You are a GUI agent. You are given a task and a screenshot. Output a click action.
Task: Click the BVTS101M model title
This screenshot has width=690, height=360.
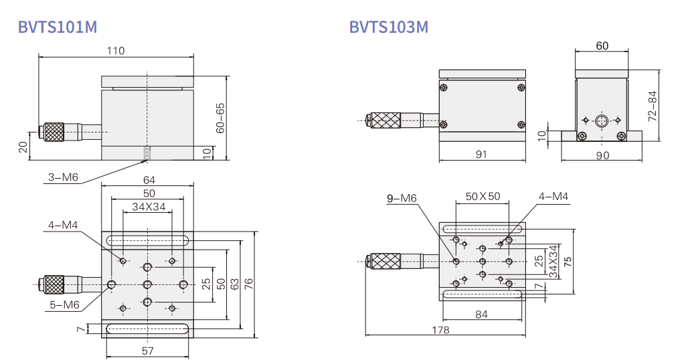[x=57, y=27]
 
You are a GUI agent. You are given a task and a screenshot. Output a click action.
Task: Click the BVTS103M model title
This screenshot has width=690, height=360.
[x=389, y=27]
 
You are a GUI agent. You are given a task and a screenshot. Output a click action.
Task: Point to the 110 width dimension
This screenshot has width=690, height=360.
[x=116, y=51]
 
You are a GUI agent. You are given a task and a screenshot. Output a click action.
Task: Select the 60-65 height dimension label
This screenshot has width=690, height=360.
[x=220, y=118]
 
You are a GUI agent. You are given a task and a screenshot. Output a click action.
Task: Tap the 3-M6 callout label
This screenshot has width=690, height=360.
[x=63, y=177]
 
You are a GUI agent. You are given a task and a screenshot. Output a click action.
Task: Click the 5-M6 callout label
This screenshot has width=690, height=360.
[x=64, y=304]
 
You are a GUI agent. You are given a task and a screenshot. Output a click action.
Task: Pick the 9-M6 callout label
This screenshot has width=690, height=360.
[x=402, y=199]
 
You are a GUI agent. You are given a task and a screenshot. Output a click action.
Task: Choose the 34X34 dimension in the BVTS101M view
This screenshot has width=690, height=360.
[x=149, y=206]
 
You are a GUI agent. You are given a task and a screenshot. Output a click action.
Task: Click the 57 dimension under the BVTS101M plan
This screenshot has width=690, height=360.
[x=148, y=351]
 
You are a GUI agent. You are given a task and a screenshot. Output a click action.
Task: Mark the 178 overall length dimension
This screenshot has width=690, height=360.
[x=440, y=330]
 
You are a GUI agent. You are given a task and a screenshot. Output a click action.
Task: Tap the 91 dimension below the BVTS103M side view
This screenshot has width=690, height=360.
[x=481, y=154]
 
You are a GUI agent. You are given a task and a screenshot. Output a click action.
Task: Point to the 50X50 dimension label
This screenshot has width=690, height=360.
[x=483, y=196]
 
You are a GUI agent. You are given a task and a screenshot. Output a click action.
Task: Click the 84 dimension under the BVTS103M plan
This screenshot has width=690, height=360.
[x=481, y=314]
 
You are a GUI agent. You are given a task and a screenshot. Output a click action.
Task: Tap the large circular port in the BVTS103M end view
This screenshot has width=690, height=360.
[x=601, y=120]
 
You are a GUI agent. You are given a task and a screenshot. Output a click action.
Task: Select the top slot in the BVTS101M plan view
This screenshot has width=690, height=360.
[x=147, y=240]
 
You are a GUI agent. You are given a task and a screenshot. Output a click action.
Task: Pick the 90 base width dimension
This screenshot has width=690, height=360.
[x=602, y=155]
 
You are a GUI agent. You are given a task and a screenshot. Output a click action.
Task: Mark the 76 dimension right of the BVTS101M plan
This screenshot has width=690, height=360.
[x=249, y=284]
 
